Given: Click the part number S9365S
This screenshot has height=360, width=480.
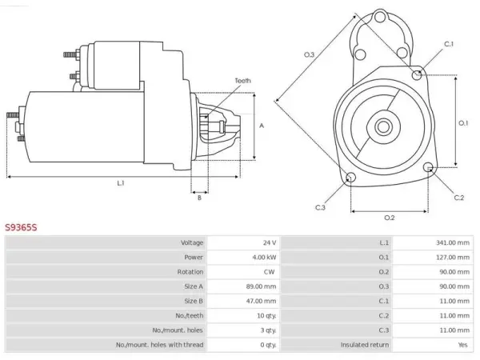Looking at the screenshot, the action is (x=21, y=227).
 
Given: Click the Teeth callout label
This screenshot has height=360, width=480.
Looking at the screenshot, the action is (x=242, y=81).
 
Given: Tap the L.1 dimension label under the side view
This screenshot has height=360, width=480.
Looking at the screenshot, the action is (x=121, y=183).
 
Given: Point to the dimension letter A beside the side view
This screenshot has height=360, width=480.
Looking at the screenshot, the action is (x=262, y=126).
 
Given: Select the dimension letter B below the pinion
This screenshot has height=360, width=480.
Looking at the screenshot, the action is (x=199, y=198).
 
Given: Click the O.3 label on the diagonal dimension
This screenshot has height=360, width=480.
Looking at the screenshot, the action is (x=309, y=54).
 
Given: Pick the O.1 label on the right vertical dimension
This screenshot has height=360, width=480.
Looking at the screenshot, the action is (x=463, y=123).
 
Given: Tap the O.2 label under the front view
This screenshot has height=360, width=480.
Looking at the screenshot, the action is (x=390, y=218).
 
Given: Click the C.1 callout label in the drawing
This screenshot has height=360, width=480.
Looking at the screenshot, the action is (x=449, y=44).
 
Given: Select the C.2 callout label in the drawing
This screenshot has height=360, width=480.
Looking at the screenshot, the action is (x=459, y=198).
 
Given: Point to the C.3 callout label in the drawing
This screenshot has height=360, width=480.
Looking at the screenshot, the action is (x=320, y=207).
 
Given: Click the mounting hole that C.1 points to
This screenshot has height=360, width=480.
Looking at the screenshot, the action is (x=417, y=74).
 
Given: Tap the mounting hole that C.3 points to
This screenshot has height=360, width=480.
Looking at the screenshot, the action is (x=350, y=177).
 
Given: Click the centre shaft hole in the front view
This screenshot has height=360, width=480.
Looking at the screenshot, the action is (x=383, y=126).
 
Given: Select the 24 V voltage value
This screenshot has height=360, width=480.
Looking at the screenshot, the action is (x=270, y=242).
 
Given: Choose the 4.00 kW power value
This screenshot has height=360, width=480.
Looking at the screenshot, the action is (x=264, y=258).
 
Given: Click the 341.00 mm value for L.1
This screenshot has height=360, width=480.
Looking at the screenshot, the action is (x=453, y=242).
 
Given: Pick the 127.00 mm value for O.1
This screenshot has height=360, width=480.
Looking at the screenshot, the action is (x=453, y=258).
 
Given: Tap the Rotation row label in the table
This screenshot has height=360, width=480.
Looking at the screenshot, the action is (x=190, y=272).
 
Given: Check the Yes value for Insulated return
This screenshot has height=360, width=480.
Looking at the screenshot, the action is (x=463, y=345).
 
